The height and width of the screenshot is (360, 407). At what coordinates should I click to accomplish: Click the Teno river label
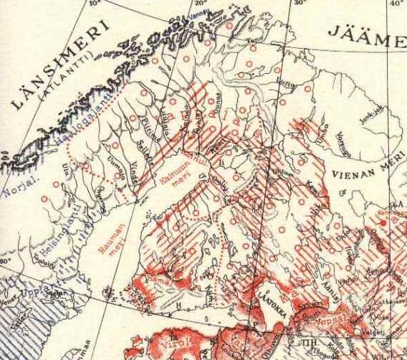click(x=251, y=40)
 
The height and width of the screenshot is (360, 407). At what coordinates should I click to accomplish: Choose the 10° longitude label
click(x=91, y=4)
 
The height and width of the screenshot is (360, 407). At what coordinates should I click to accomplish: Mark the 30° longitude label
click(x=299, y=4)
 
